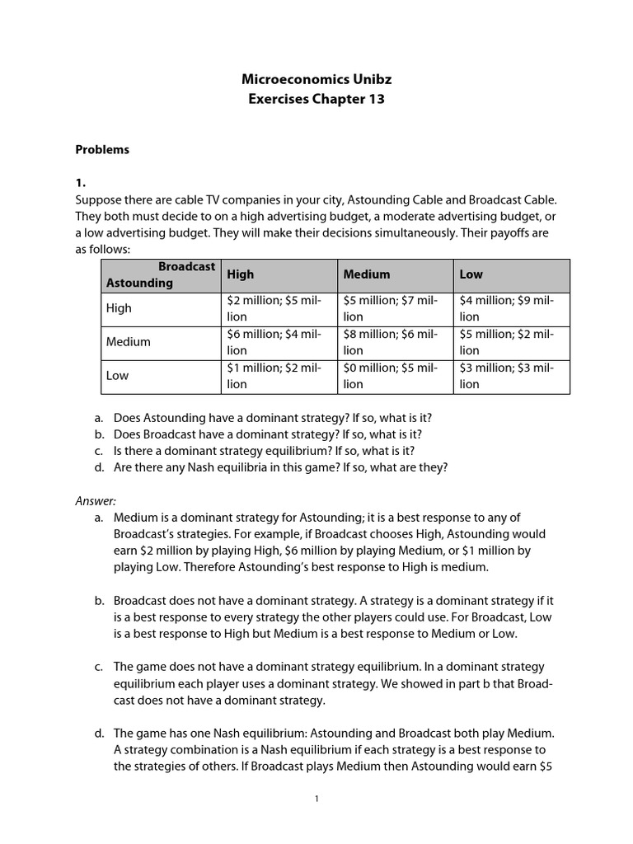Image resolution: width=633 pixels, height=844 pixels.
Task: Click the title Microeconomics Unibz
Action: point(317,79)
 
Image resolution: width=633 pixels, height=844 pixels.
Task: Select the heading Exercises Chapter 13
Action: point(317,100)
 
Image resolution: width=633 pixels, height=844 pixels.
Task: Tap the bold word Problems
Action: point(102,150)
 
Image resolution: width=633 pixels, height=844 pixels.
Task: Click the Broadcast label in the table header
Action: point(186,267)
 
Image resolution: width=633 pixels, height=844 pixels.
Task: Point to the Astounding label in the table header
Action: point(139,283)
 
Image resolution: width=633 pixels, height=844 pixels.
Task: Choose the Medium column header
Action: point(367,274)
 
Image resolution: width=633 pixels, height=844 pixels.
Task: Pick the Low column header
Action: point(471,274)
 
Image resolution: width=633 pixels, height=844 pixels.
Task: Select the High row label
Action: point(119,308)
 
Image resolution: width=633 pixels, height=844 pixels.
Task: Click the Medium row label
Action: point(129,342)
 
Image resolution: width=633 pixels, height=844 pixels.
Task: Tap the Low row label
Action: point(118,376)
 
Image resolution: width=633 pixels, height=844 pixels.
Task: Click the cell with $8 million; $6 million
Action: point(394,342)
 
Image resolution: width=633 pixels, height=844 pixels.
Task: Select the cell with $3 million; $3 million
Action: point(511,376)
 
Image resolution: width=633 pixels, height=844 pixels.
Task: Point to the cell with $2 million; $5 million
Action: point(278,308)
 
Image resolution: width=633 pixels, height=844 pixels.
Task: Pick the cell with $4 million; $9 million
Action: point(511,308)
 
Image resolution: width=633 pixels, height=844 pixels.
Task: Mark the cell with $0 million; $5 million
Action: point(394,376)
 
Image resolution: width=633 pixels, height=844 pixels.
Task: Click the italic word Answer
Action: point(96,500)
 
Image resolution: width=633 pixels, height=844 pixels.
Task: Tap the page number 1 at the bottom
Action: point(316,799)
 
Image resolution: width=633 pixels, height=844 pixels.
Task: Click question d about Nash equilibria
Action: point(280,467)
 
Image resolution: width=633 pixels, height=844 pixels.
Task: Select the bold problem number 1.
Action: point(81,183)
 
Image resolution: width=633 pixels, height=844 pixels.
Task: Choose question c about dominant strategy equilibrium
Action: point(264,451)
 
